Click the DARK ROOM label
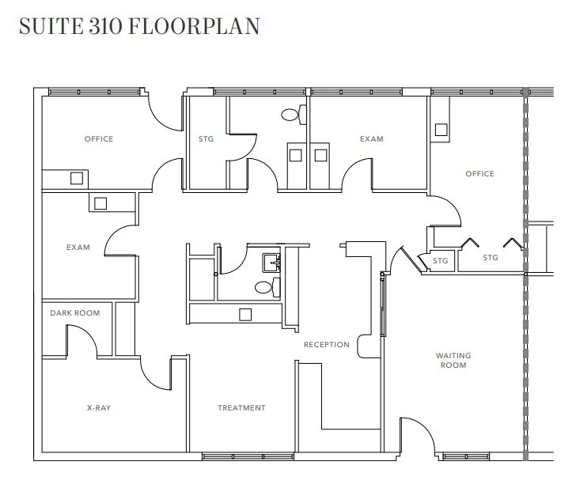[75, 313]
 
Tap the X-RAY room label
[99, 408]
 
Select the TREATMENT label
[241, 408]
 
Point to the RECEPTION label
[327, 345]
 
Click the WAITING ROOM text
[453, 361]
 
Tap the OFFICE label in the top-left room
[99, 139]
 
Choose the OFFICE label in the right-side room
[479, 174]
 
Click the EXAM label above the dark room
[78, 248]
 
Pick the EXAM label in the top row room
[371, 139]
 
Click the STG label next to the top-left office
[206, 139]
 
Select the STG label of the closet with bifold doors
[491, 258]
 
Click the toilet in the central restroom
[264, 287]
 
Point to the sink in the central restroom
[271, 260]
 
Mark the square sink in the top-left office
[77, 178]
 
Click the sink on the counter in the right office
[441, 129]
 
